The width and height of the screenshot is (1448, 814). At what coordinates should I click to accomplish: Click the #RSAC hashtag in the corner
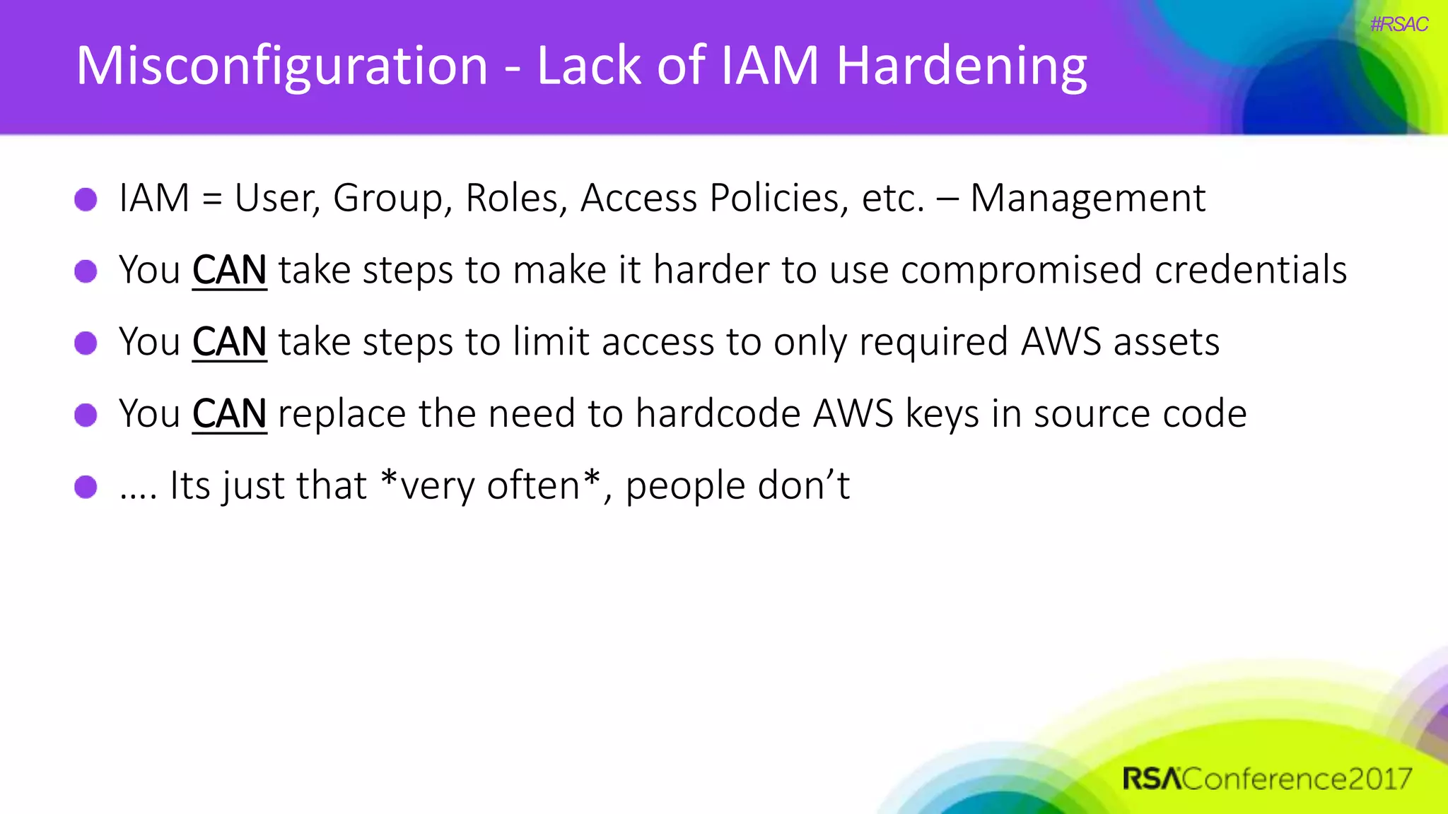[1399, 25]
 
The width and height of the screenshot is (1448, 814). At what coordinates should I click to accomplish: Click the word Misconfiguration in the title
[281, 66]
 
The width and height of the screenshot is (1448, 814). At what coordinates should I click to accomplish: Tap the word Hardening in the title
[962, 66]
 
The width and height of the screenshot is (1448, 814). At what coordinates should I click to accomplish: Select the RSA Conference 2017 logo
[1267, 779]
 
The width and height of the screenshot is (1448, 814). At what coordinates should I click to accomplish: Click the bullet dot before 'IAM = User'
[86, 199]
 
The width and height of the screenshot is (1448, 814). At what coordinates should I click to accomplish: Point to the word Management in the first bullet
[1087, 198]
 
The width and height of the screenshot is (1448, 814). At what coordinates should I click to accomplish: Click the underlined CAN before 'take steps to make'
[229, 270]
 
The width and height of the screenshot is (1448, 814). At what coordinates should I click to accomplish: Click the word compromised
[1021, 270]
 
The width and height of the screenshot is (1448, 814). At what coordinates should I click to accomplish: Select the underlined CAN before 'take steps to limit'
[229, 342]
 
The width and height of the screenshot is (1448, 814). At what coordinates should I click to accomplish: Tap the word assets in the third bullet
[1167, 342]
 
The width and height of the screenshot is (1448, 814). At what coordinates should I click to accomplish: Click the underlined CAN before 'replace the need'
[229, 413]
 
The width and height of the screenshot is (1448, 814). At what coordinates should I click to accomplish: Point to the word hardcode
[718, 413]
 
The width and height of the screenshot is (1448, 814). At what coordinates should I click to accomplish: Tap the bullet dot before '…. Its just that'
[86, 486]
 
